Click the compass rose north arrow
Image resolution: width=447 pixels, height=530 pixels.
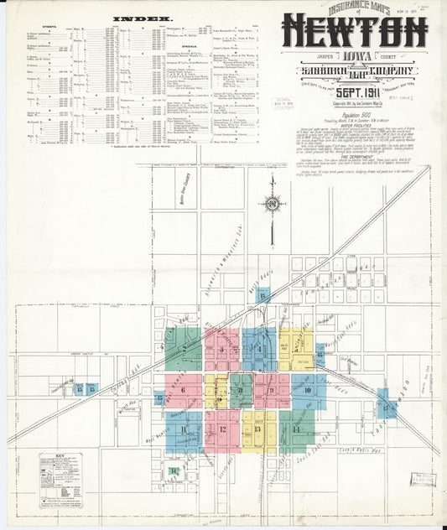[271, 203]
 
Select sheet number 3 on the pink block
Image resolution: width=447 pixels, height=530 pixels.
[221, 350]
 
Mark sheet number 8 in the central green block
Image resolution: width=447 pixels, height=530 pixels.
[240, 390]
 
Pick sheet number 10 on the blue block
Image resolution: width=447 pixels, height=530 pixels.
[308, 390]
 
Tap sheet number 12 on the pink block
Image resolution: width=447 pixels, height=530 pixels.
[222, 429]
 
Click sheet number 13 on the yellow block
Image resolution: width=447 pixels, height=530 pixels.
[258, 429]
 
